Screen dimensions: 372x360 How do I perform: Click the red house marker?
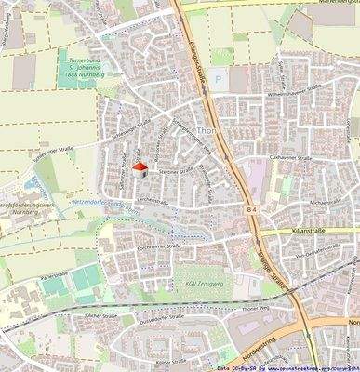[x=140, y=168]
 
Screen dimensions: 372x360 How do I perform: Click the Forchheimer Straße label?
[x=140, y=246]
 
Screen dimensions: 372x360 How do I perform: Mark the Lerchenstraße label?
[x=152, y=200]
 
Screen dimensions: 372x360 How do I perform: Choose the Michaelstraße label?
[x=327, y=199]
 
